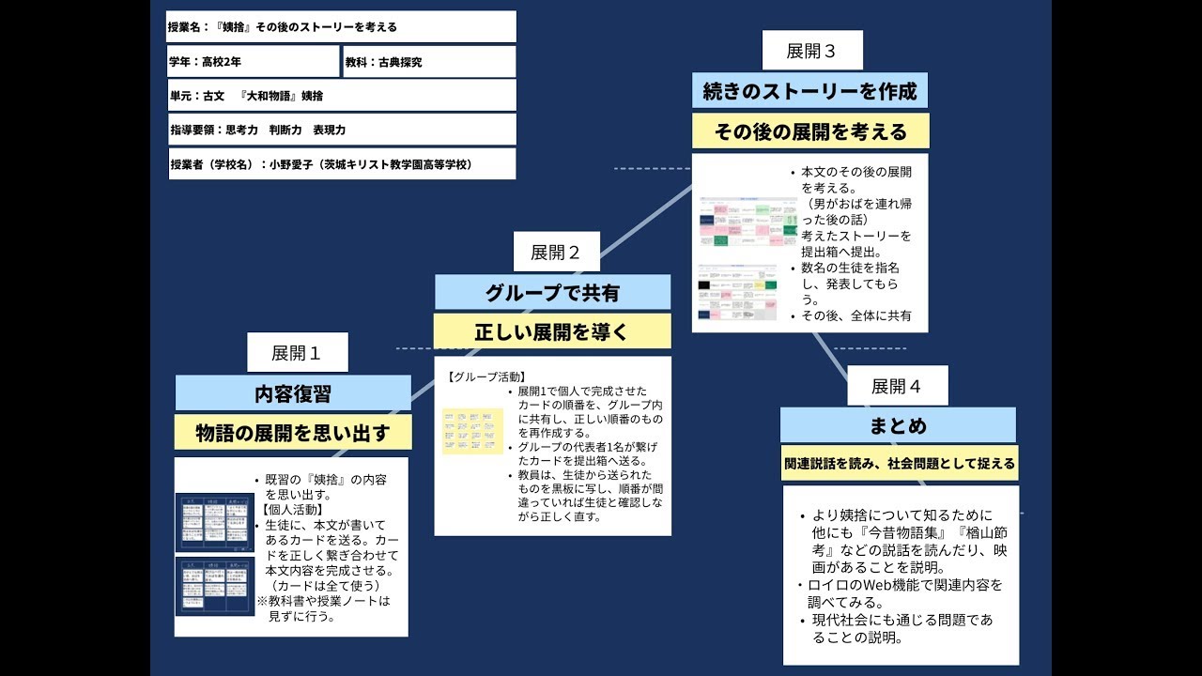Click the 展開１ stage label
coord(297,353)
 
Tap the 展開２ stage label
coord(556,252)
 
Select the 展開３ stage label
coord(811,51)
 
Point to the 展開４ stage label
coord(897,386)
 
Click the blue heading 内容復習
coord(293,393)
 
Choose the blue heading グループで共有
coord(552,293)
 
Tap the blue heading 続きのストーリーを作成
coord(809,92)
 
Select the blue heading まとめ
coord(898,425)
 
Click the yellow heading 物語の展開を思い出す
coord(293,433)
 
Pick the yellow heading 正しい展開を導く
coord(552,331)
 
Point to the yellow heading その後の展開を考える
coord(809,131)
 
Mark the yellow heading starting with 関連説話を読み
coord(899,463)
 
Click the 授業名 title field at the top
coord(341,27)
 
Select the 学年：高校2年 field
coord(254,62)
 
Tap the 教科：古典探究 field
coord(429,62)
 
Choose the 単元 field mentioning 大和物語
coord(341,96)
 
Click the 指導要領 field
coord(341,130)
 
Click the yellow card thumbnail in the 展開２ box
coord(473,431)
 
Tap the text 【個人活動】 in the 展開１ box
coord(291,509)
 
